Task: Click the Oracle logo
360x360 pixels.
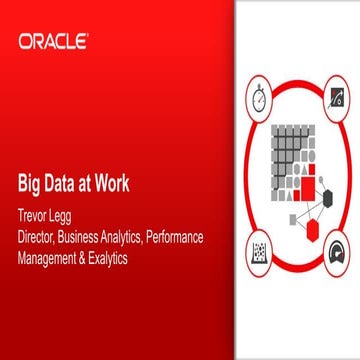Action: pos(51,42)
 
